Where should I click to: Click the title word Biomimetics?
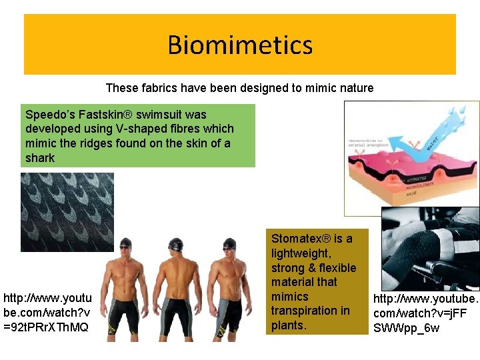point(240,45)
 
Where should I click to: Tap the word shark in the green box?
point(40,158)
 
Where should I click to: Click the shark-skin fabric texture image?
point(67,212)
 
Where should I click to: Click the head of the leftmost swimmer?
point(124,247)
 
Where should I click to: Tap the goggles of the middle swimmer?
point(175,248)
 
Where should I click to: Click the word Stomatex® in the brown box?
point(299,239)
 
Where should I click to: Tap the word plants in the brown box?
point(287,325)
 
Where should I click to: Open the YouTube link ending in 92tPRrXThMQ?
point(46,312)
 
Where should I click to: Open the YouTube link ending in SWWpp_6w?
point(425,313)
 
